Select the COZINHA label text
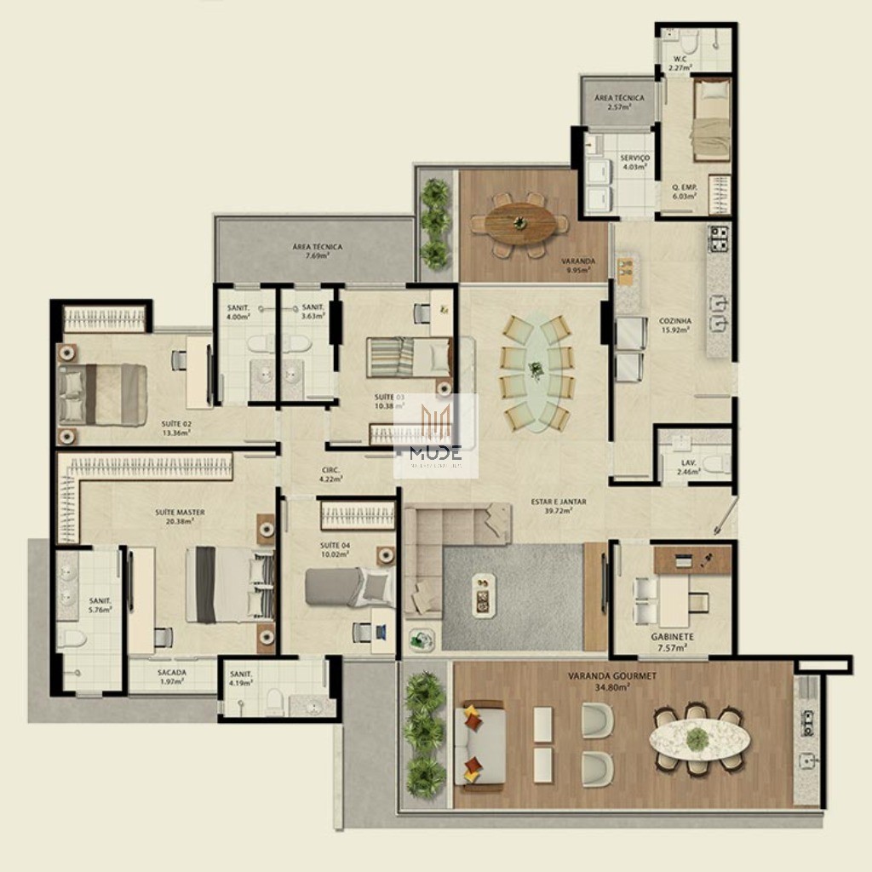(x=675, y=321)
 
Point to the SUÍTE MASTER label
(x=180, y=513)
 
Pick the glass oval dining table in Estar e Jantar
(x=536, y=371)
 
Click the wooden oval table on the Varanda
(x=520, y=224)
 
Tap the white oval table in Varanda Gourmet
(x=698, y=738)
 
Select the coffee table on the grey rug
(x=484, y=594)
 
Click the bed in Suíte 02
(x=103, y=394)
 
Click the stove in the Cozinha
(x=719, y=238)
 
